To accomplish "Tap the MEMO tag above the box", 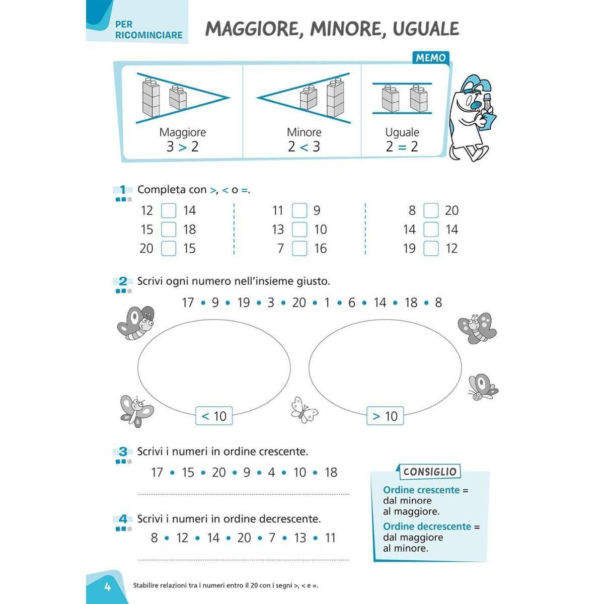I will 430,58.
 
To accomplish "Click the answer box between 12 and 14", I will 168,210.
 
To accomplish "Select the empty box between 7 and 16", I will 299,248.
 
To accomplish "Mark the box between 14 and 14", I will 431,230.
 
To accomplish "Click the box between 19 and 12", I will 431,248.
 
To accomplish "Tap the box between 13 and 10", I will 299,230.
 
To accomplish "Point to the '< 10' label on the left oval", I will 214,416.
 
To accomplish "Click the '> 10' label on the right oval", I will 385,416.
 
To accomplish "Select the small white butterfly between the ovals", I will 304,409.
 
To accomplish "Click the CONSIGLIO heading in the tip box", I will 430,472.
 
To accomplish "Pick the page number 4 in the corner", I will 107,586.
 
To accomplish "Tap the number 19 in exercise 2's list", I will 244,303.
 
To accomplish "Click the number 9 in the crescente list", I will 247,473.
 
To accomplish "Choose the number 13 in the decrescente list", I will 300,538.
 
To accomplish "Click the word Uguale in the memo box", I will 402,132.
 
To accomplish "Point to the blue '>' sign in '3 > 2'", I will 182,147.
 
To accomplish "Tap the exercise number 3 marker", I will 123,452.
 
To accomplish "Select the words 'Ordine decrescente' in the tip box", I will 427,526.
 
